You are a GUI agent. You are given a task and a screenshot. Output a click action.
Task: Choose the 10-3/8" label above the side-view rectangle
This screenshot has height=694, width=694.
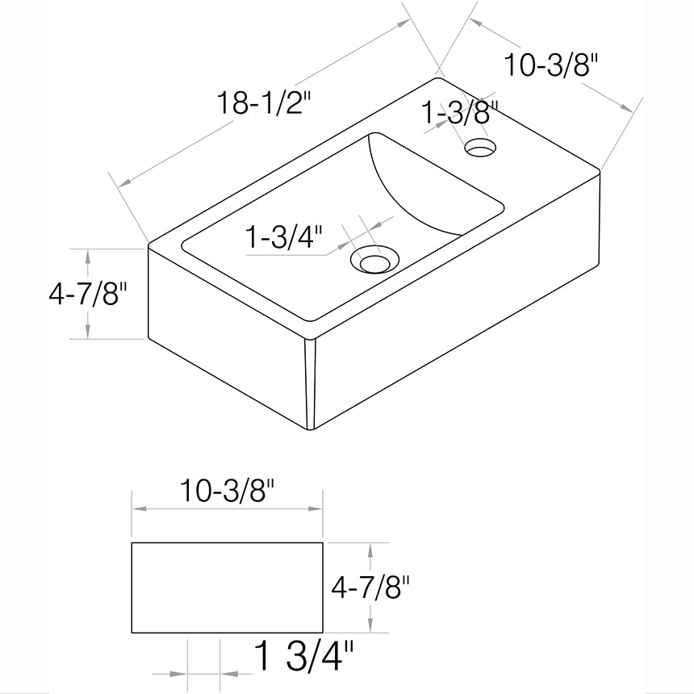[x=227, y=491]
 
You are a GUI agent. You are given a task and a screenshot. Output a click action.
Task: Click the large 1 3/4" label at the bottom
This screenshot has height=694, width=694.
[x=303, y=657]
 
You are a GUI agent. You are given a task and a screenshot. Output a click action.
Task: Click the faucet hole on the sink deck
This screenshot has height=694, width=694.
[x=480, y=147]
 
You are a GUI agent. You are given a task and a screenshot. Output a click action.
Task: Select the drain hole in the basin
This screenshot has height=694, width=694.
[x=374, y=261]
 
